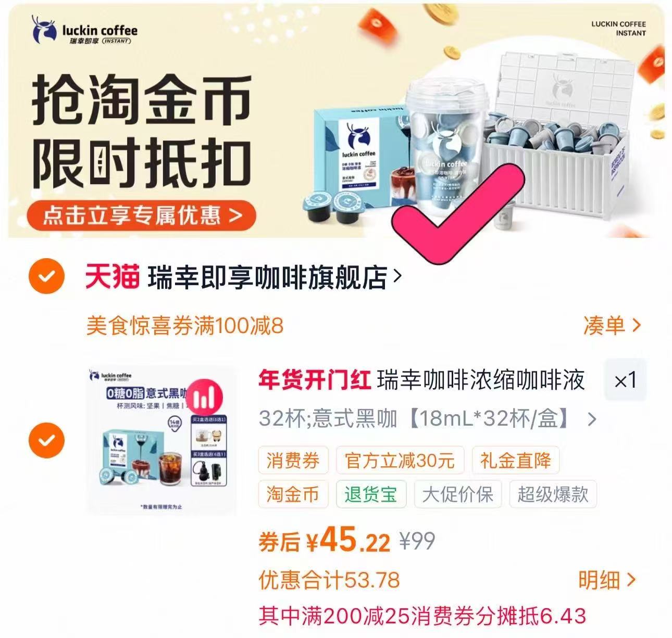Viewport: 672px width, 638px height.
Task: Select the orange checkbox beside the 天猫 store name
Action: (x=47, y=276)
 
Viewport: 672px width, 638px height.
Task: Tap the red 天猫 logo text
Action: (x=113, y=276)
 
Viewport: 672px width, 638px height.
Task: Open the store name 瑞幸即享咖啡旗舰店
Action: (x=268, y=277)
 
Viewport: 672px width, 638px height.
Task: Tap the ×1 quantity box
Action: (x=625, y=380)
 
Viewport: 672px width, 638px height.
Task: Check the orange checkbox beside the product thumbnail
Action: (x=47, y=440)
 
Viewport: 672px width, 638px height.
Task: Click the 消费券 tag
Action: (x=293, y=461)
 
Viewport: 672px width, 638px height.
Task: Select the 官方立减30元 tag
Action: (x=400, y=461)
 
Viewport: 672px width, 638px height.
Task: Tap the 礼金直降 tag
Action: (x=516, y=461)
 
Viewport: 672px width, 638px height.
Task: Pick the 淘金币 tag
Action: (x=293, y=494)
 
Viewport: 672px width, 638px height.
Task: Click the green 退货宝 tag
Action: (x=370, y=494)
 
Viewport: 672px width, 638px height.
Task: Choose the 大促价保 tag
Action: (x=458, y=494)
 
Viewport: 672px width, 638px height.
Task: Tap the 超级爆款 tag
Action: (x=553, y=494)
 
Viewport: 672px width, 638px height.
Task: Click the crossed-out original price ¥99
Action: (x=417, y=541)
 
